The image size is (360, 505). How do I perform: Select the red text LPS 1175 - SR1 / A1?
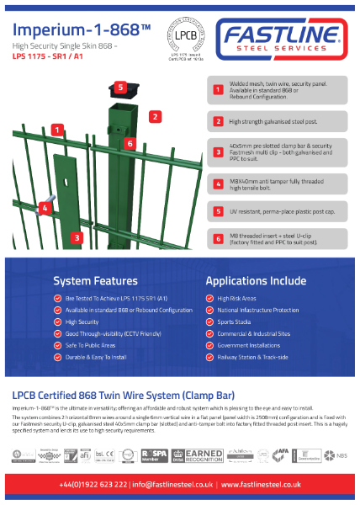[x=49, y=58]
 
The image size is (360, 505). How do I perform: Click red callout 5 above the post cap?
[x=120, y=87]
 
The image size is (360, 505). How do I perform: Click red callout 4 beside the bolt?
[x=44, y=207]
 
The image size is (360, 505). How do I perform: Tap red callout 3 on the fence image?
[x=77, y=238]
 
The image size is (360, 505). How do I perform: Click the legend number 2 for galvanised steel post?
[x=217, y=121]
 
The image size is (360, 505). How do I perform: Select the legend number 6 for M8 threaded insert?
[x=217, y=239]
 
